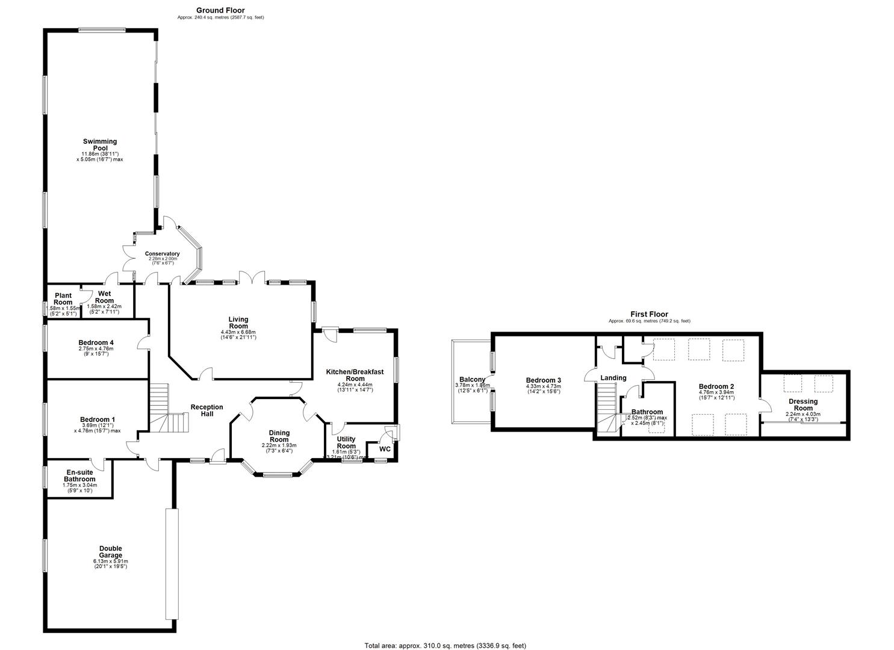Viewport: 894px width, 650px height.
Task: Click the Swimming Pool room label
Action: point(100,144)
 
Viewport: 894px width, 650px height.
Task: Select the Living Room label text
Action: point(238,323)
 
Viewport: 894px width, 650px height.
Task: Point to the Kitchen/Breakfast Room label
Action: point(355,376)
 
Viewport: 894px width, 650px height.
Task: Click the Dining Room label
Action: point(279,436)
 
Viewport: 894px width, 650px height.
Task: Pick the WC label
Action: point(385,449)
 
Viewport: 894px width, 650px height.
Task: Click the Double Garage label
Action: point(111,551)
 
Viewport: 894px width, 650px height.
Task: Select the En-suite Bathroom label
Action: point(80,475)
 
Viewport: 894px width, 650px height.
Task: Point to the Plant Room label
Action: point(63,299)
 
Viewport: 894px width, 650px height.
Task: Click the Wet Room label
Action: point(104,297)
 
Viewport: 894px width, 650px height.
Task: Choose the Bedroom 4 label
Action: point(96,342)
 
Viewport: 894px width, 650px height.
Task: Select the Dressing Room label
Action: point(803,404)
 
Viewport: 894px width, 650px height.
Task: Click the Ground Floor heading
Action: point(220,10)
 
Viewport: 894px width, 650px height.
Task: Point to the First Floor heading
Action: point(649,314)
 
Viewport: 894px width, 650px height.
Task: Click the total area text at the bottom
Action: point(445,645)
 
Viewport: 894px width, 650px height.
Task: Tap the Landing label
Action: point(613,378)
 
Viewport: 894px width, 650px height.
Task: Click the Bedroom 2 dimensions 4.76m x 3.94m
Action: point(716,393)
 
